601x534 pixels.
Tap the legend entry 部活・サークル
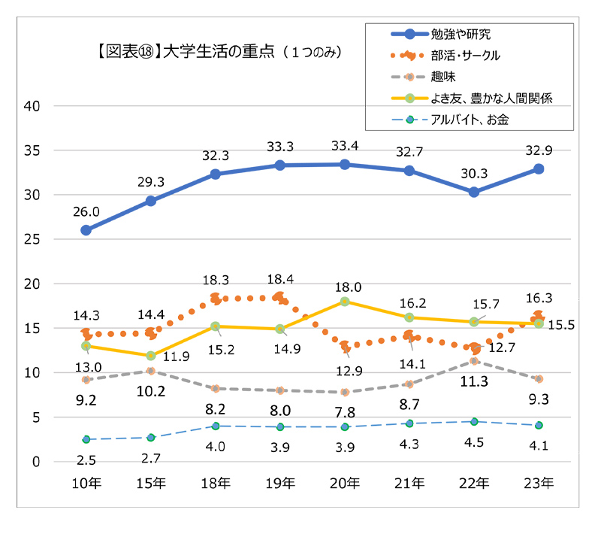(466, 55)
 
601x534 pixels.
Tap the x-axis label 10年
(86, 483)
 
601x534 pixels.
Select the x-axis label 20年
(345, 483)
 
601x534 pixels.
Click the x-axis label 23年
(539, 483)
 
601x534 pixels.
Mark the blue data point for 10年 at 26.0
(86, 230)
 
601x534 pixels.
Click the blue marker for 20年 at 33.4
(345, 164)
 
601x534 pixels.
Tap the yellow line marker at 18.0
(345, 301)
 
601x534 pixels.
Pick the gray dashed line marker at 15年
(151, 371)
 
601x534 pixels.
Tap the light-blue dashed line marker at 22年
(474, 421)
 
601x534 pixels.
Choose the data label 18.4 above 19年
(280, 279)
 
